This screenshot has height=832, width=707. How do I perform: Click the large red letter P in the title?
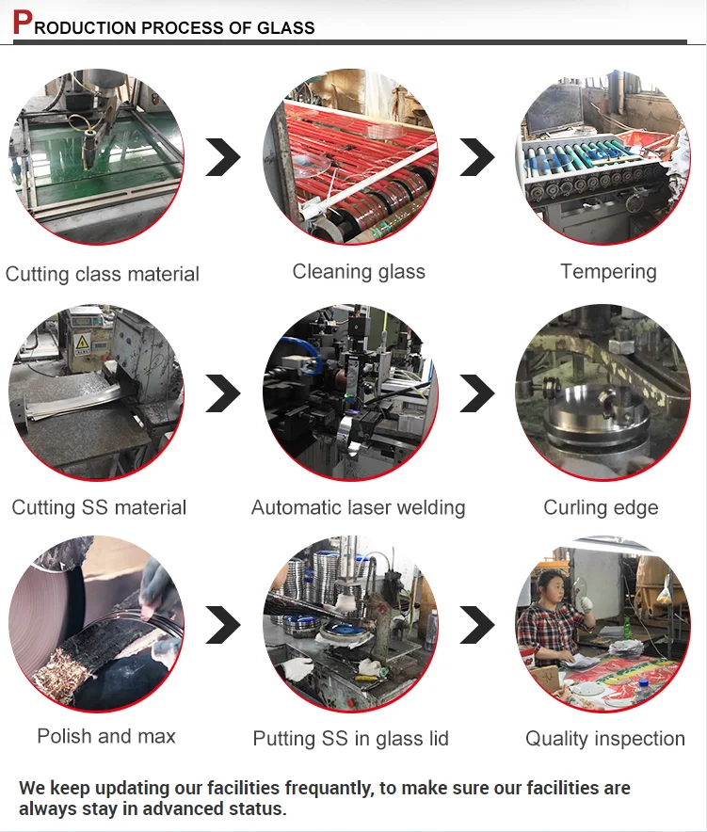(x=22, y=24)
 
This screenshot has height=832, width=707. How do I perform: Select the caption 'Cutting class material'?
(x=103, y=274)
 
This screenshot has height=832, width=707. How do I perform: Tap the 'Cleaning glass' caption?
(x=359, y=272)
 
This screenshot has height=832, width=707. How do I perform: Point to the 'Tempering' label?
(x=608, y=272)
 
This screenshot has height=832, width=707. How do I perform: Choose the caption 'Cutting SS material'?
(x=99, y=507)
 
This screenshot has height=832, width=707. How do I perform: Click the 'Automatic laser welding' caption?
(x=358, y=507)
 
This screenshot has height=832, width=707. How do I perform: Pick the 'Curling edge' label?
(x=601, y=507)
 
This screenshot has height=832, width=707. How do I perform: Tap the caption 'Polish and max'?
(x=106, y=736)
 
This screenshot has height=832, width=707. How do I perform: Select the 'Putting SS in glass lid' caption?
(x=351, y=739)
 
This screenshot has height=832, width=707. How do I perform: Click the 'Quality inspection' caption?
(x=605, y=739)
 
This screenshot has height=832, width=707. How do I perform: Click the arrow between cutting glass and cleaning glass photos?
(x=223, y=156)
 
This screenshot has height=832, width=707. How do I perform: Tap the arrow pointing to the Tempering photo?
(x=477, y=156)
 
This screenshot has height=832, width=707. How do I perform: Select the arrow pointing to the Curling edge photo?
(x=477, y=393)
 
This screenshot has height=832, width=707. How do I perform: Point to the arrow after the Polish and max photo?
(x=223, y=625)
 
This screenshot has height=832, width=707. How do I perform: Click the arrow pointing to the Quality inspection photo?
(x=477, y=625)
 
